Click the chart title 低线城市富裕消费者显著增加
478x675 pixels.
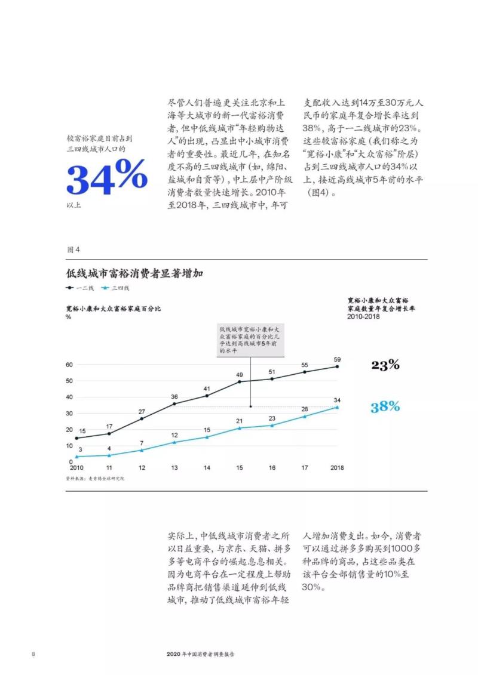point(134,274)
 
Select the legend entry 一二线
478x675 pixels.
point(79,288)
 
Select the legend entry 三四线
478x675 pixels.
point(116,288)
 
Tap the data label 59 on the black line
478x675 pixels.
point(337,359)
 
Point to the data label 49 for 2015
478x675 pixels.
point(240,374)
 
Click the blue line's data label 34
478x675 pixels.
point(337,400)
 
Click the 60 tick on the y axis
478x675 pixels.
point(69,365)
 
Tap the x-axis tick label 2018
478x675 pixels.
point(337,468)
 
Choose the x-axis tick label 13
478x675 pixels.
point(174,468)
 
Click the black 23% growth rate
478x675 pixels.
point(385,365)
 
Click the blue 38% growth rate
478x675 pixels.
point(385,407)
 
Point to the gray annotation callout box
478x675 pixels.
point(251,340)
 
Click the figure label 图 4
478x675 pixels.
point(73,249)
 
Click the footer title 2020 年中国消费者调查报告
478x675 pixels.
point(201,654)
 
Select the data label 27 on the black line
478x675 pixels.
point(142,411)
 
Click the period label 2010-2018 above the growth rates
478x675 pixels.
point(363,317)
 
